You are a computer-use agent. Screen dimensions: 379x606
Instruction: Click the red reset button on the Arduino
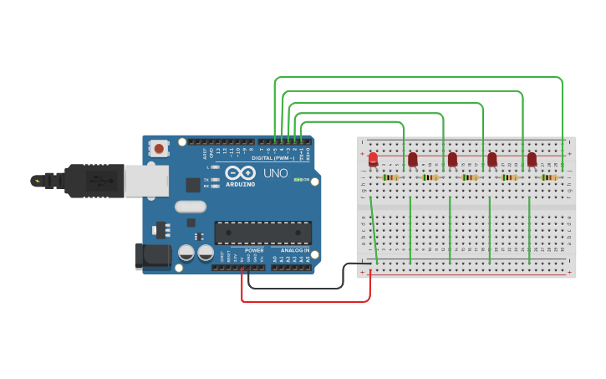(x=159, y=149)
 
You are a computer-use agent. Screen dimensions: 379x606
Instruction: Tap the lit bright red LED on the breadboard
(x=373, y=159)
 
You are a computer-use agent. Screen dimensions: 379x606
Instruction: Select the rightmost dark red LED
(x=532, y=159)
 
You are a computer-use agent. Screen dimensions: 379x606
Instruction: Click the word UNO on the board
(x=276, y=174)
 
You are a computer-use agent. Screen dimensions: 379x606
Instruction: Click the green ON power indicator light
(x=298, y=180)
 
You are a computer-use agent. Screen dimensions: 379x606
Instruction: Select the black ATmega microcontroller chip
(x=263, y=233)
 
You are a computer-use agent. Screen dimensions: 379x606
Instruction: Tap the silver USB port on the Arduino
(x=146, y=180)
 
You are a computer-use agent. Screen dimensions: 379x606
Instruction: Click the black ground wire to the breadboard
(x=301, y=287)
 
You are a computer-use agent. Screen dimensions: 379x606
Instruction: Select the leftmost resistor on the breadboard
(x=390, y=177)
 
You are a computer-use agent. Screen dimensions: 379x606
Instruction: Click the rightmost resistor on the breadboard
(x=548, y=177)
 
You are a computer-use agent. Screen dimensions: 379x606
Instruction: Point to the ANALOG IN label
(x=294, y=250)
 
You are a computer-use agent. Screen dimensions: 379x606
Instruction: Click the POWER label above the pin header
(x=255, y=250)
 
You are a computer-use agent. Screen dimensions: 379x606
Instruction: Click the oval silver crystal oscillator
(x=190, y=207)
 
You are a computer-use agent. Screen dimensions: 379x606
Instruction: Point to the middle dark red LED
(x=452, y=159)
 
